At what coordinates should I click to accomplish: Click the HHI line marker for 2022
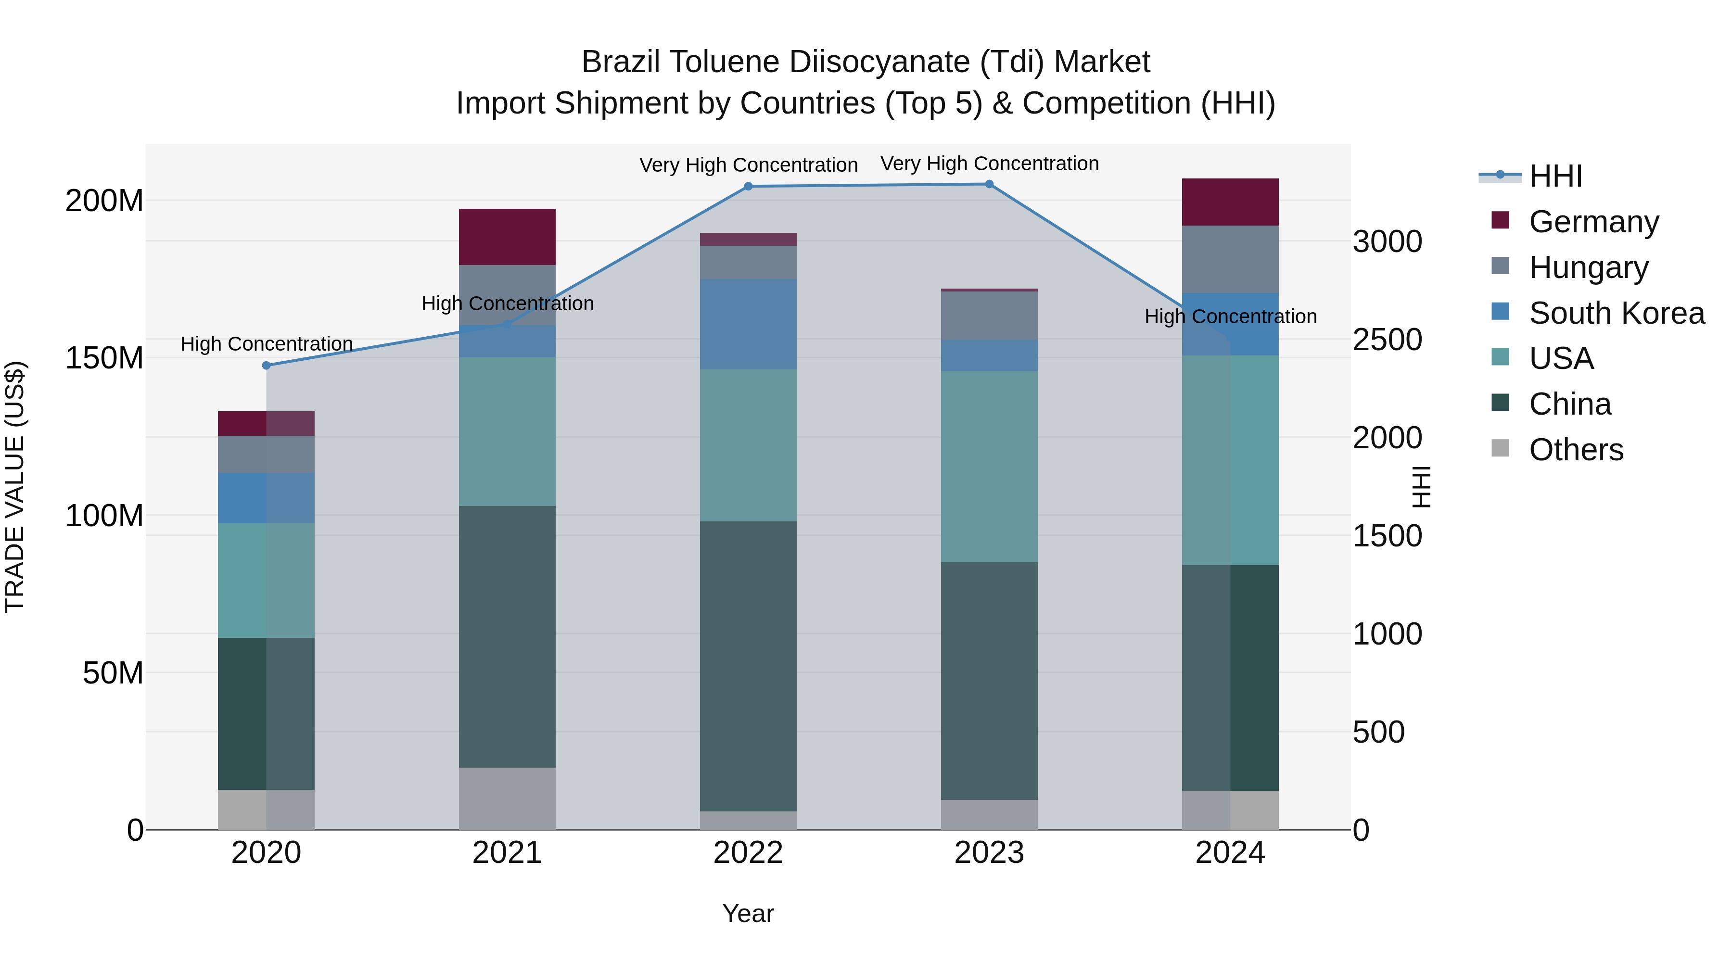coord(748,186)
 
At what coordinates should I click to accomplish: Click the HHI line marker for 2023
coord(989,184)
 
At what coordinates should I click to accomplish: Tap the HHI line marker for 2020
coord(266,366)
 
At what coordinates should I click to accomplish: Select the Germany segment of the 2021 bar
coord(507,237)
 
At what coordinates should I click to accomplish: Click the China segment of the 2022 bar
coord(748,666)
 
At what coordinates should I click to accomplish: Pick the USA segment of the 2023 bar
coord(989,467)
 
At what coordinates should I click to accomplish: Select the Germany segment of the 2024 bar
coord(1230,202)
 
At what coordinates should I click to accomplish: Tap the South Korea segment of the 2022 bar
coord(748,324)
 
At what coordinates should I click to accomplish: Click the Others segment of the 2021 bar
coord(507,798)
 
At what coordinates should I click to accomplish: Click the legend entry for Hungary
coord(1588,267)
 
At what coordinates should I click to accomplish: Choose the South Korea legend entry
coord(1617,313)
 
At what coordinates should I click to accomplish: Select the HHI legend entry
coord(1555,176)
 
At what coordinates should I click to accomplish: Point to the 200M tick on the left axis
coord(104,200)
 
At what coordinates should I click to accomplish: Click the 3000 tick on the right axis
coord(1387,242)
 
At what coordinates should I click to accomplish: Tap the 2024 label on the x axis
coord(1230,853)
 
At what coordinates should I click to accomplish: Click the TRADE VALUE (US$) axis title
coord(15,487)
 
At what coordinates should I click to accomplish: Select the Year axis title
coord(748,913)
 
